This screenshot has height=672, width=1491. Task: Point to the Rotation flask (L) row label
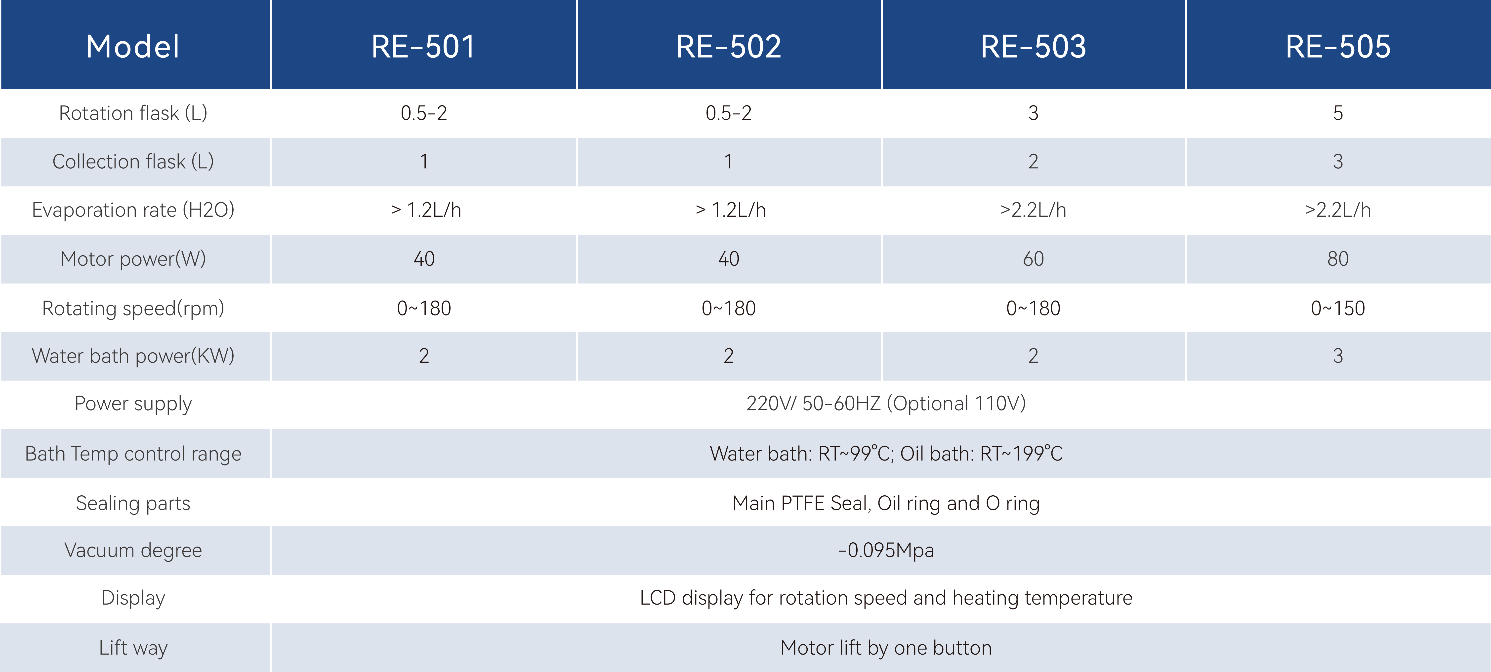133,113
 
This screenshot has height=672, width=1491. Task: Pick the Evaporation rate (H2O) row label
133,210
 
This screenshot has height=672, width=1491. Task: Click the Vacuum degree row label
133,550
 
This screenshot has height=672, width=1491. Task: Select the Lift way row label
133,648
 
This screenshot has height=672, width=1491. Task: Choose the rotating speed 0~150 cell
1338,308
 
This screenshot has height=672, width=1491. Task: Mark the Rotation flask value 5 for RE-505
1338,113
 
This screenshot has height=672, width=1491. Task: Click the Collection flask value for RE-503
1033,162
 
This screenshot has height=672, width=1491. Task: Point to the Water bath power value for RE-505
1338,356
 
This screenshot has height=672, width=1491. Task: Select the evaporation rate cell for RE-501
426,210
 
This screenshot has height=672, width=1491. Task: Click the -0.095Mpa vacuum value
886,550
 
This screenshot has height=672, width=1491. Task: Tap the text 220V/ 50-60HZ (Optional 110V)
886,403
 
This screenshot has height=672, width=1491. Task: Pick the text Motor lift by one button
886,648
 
